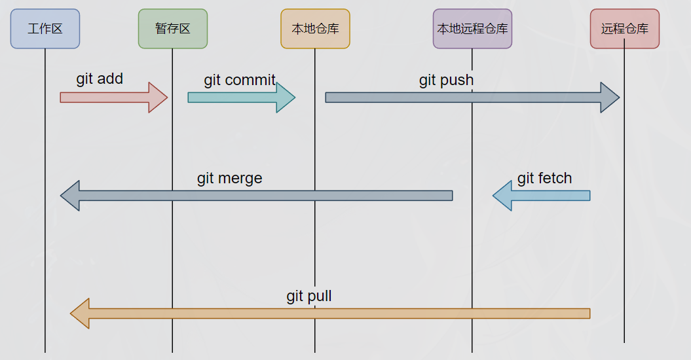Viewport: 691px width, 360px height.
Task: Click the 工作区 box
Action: (45, 29)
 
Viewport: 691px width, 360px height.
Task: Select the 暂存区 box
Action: (173, 29)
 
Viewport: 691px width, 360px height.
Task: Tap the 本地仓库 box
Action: (315, 29)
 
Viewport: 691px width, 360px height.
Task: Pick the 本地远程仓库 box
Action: (472, 29)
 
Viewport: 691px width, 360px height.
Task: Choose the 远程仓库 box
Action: (624, 29)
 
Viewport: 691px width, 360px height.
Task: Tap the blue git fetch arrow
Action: (544, 195)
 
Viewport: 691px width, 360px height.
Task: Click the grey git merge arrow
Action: (262, 195)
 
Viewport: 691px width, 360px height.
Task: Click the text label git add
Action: (100, 79)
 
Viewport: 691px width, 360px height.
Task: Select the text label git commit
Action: (240, 80)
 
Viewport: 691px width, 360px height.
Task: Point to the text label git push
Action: (446, 80)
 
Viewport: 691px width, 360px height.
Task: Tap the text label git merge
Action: (229, 178)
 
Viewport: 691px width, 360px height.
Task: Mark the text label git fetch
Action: (544, 178)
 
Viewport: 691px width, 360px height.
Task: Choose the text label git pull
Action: (309, 296)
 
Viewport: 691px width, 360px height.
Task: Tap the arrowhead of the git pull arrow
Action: (80, 314)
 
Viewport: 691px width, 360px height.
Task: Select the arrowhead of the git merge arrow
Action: (70, 195)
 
